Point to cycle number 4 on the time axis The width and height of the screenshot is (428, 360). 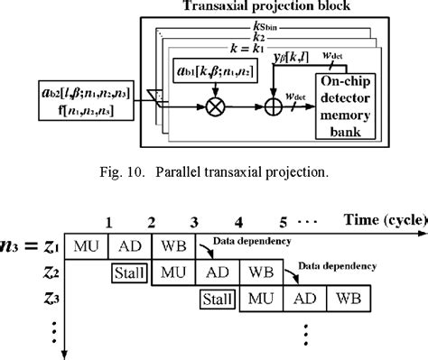click(x=238, y=221)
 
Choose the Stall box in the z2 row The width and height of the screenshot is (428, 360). click(x=130, y=272)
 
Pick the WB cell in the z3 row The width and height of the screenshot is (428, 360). click(x=348, y=299)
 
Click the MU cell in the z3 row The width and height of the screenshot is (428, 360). click(x=261, y=299)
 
